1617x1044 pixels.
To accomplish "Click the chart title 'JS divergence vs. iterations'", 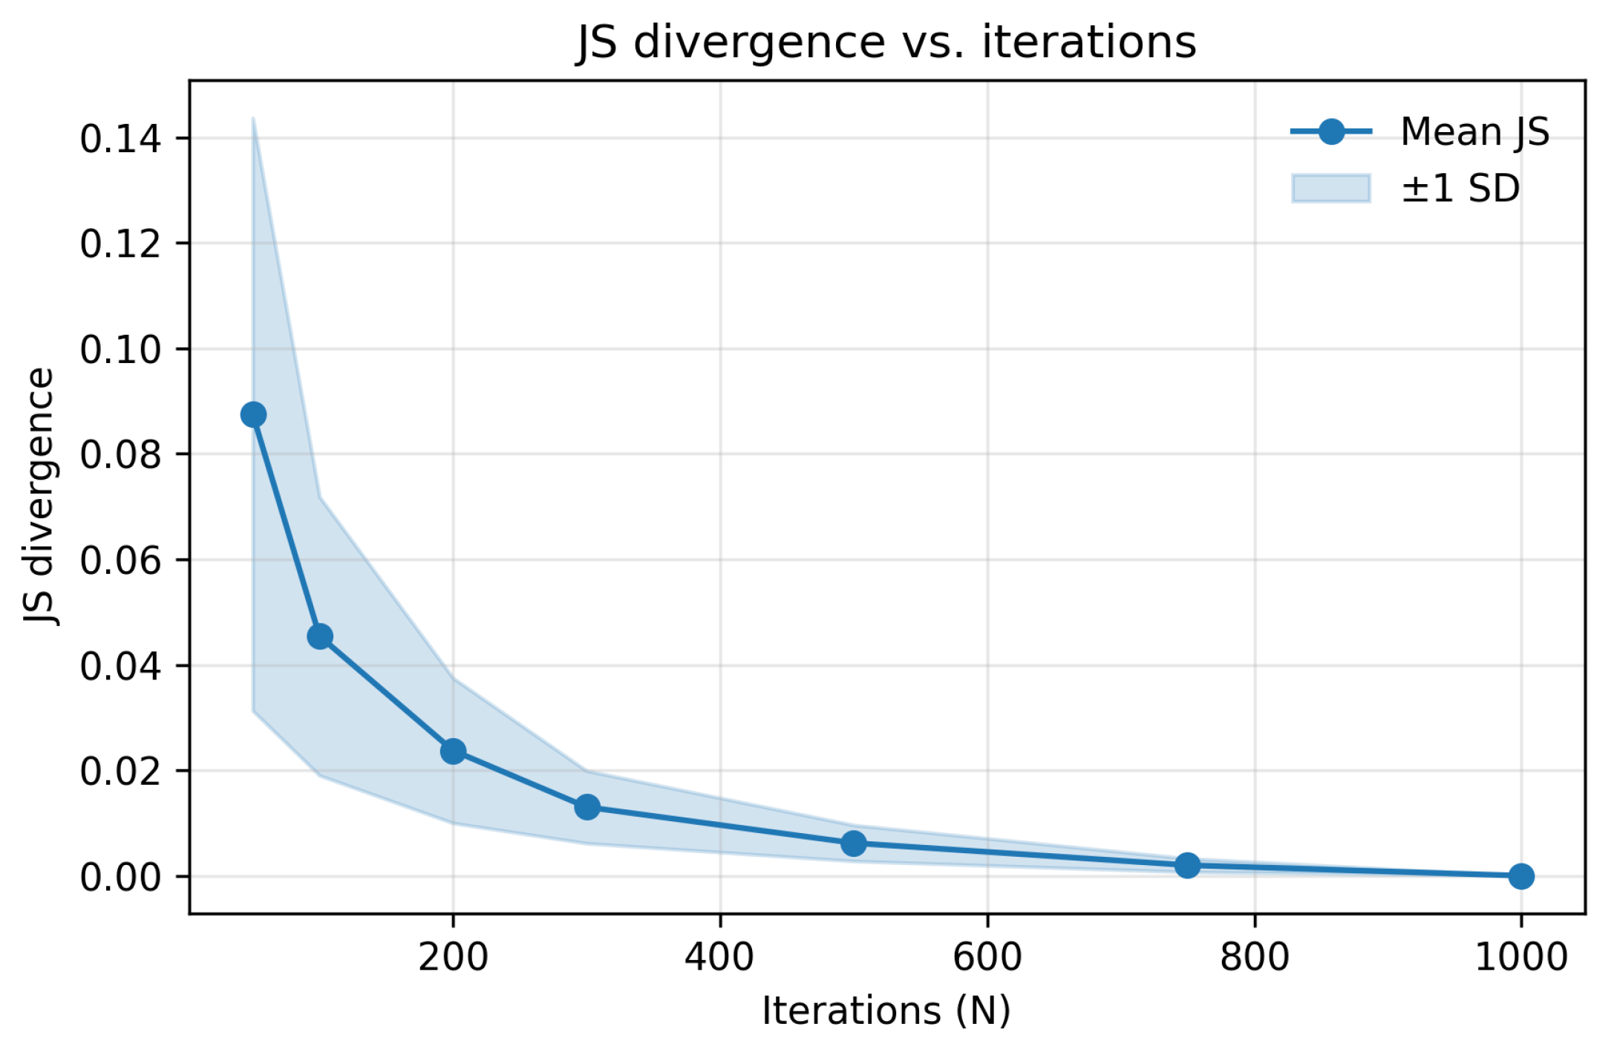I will pos(886,42).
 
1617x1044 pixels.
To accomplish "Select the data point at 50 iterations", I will pos(253,414).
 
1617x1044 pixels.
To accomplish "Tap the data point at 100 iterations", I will pos(320,636).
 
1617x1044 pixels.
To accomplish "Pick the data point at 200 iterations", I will pos(453,751).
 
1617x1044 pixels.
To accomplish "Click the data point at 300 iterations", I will pos(587,807).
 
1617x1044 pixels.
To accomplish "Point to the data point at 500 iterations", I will pos(854,844).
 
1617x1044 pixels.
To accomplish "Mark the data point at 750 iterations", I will pos(1187,866).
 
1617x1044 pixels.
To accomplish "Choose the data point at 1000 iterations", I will pos(1521,876).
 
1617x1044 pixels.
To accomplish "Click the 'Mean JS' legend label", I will pos(1474,132).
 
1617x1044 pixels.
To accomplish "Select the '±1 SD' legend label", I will pos(1460,189).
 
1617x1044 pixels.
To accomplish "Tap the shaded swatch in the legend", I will pos(1330,189).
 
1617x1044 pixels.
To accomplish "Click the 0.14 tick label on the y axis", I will pos(120,139).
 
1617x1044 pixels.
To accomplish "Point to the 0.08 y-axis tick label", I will pos(120,454).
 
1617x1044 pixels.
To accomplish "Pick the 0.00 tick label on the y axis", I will pos(120,878).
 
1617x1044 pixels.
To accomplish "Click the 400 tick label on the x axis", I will pos(719,957).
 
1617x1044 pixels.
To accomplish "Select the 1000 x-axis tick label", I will pos(1520,957).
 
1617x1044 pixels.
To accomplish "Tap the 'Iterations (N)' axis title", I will pos(886,1011).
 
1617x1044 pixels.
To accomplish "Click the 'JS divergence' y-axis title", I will pos(39,496).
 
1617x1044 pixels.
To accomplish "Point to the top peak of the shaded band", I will pos(253,119).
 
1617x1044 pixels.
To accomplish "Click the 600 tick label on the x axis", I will pos(987,957).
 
